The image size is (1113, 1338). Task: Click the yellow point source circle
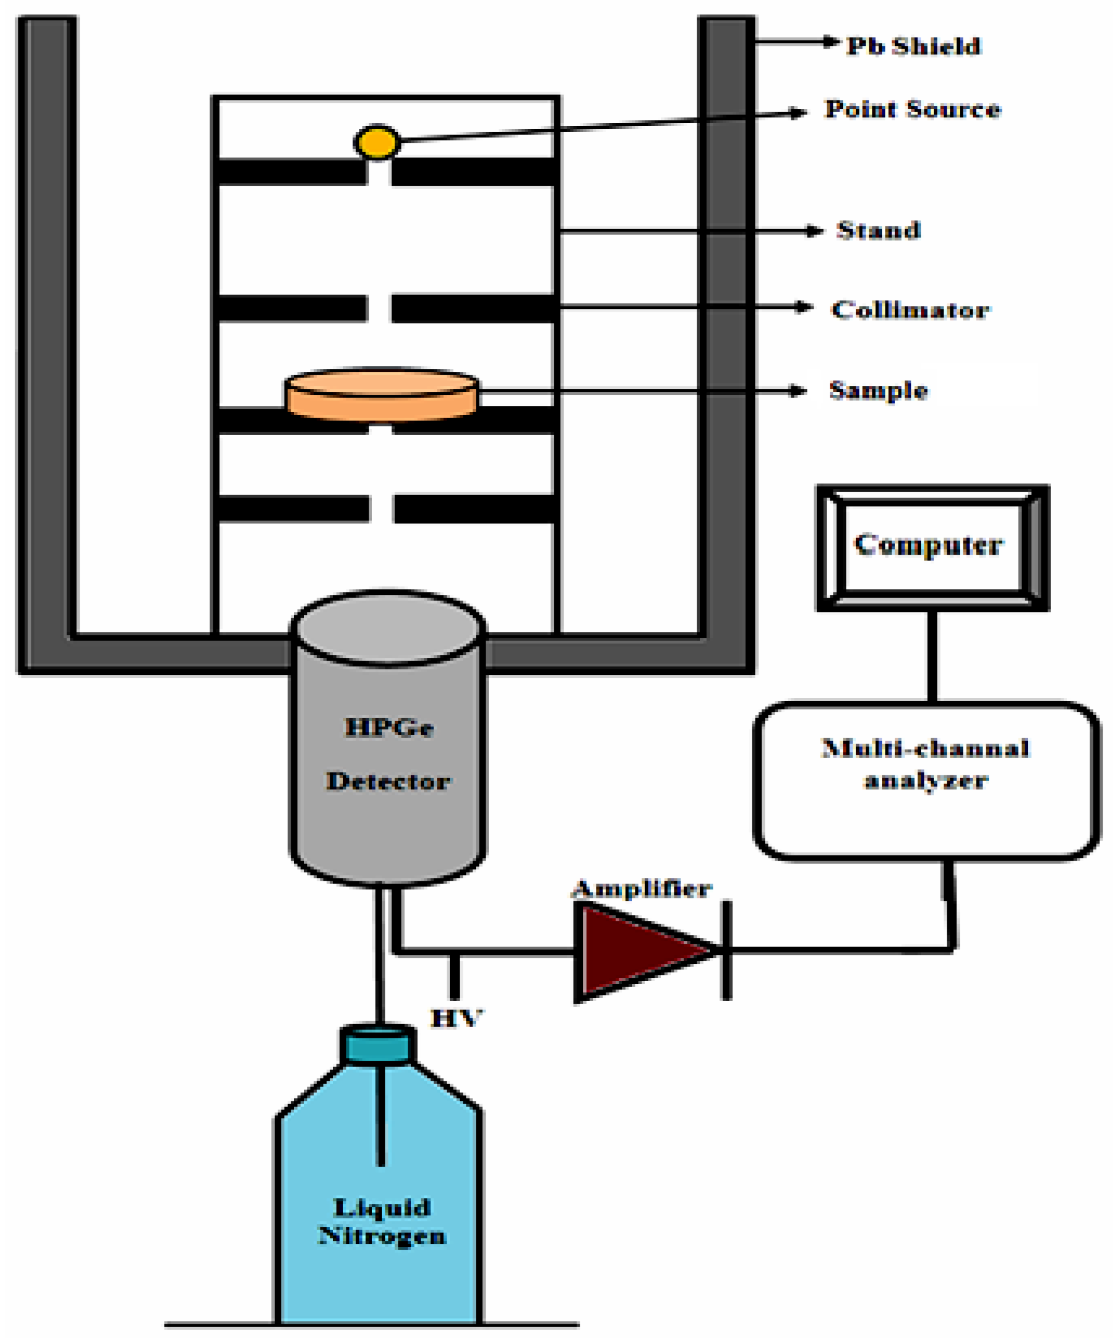(377, 142)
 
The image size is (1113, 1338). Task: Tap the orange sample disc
(382, 395)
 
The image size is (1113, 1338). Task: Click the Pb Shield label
(913, 46)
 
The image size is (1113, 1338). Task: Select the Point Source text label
(912, 109)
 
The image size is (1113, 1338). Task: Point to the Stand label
(878, 230)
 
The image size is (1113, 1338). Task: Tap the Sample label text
(878, 390)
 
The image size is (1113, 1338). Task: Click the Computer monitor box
(932, 547)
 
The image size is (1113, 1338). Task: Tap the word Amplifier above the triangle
(641, 889)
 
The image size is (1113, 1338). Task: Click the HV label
(456, 1018)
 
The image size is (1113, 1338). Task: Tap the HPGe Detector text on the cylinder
(388, 755)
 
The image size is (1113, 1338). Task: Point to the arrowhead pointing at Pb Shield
(831, 42)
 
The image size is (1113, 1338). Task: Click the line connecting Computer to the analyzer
(932, 656)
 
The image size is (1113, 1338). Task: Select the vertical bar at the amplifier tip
(726, 951)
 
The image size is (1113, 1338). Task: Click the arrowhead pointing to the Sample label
(798, 391)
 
